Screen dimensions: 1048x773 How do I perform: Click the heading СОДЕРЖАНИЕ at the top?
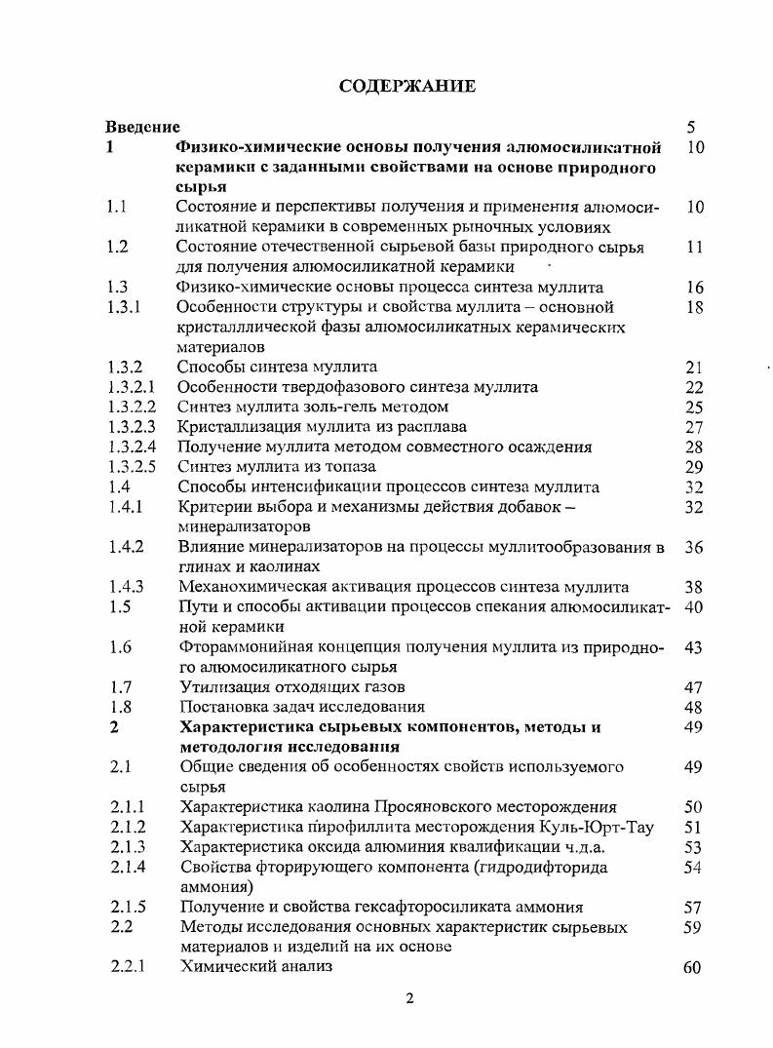[407, 87]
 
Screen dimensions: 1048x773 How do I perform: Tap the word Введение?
[142, 127]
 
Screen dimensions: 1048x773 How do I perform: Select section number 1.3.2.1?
[132, 387]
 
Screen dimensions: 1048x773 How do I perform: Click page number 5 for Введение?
[691, 127]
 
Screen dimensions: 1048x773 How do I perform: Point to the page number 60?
[693, 968]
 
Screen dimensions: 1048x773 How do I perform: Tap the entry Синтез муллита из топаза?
[276, 467]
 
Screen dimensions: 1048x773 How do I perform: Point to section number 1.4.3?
[126, 587]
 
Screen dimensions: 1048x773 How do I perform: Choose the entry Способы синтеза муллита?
[277, 368]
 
